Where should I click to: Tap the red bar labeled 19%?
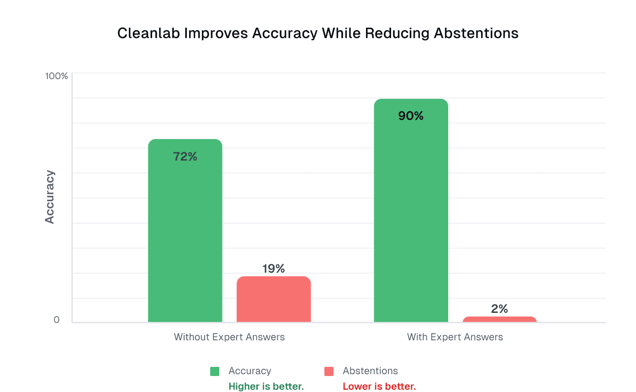point(273,300)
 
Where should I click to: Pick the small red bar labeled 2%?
point(499,319)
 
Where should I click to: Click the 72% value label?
point(185,157)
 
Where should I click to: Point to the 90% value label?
point(411,116)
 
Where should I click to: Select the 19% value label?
point(273,268)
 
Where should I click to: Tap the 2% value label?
point(499,309)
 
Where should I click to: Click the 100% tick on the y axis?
point(56,76)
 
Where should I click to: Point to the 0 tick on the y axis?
point(57,320)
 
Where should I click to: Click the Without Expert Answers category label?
point(229,337)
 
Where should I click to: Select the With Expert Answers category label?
point(455,337)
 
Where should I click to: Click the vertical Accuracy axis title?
point(50,197)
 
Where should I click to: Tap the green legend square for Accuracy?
point(215,371)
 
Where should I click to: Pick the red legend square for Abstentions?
point(329,371)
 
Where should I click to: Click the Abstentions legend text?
point(370,371)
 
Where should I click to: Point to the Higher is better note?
point(266,387)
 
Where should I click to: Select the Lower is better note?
point(379,387)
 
